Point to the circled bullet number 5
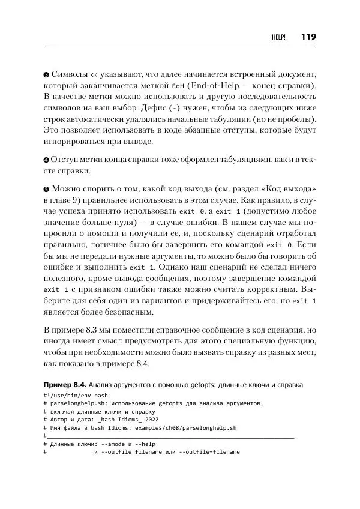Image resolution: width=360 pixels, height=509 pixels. point(47,187)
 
